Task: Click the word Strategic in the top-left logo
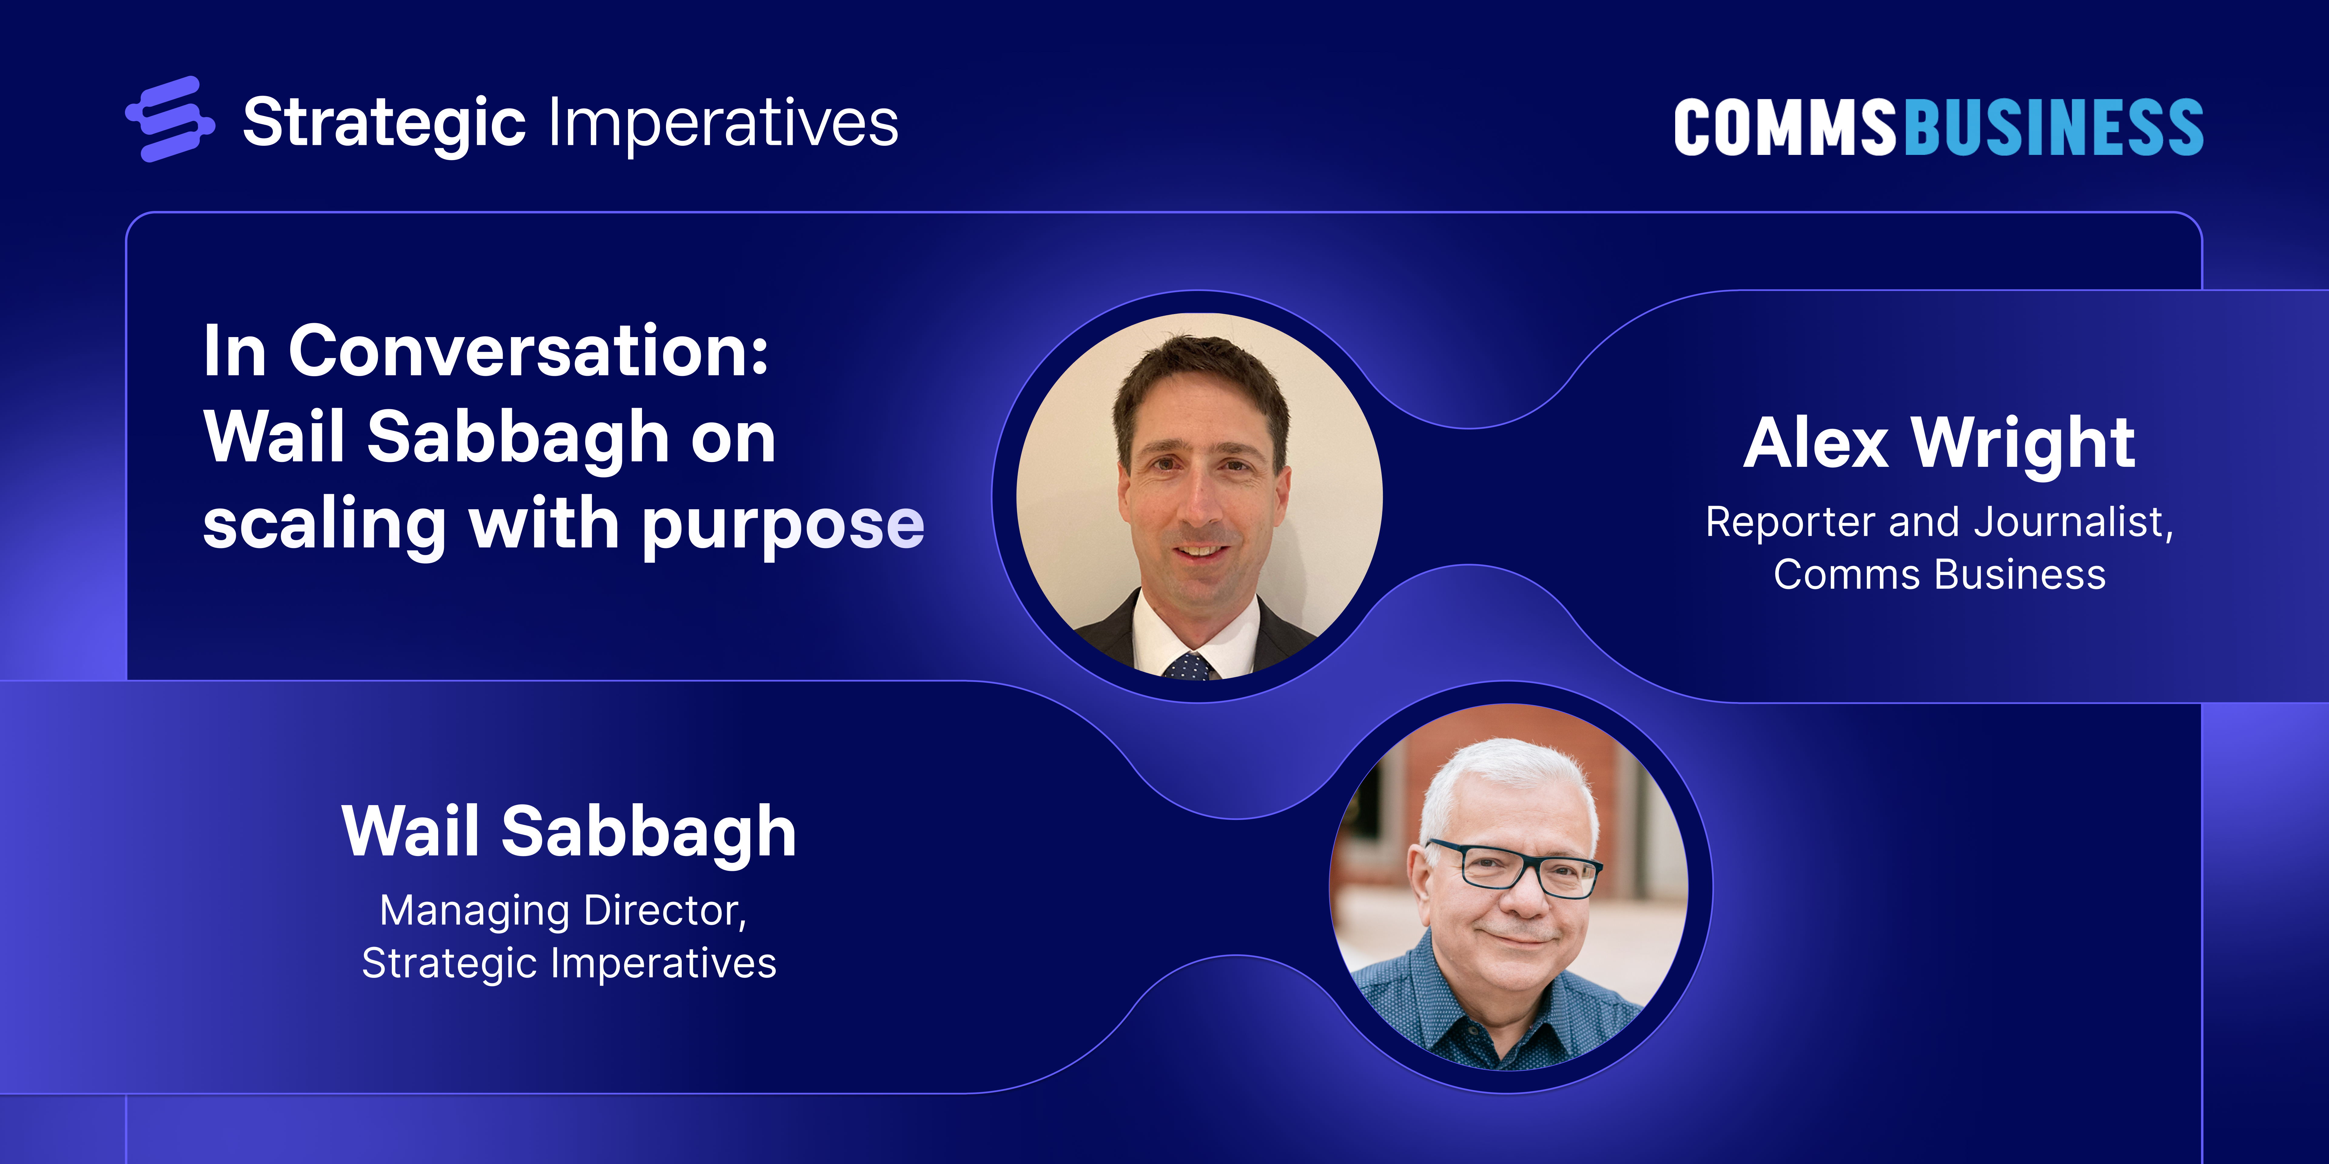coord(384,124)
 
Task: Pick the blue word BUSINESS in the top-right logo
coord(2054,127)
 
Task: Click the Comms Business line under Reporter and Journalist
coord(1939,575)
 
